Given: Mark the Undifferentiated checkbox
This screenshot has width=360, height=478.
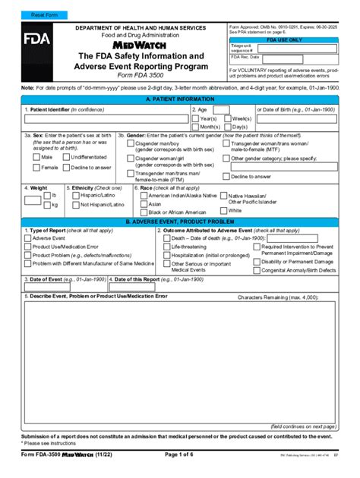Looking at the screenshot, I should (65, 157).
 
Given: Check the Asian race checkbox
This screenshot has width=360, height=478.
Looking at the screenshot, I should (143, 204).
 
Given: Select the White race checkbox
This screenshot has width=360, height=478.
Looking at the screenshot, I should (223, 210).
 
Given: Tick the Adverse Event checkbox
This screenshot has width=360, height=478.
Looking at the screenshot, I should (27, 238).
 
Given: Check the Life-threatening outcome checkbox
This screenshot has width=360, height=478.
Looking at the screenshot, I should (166, 247).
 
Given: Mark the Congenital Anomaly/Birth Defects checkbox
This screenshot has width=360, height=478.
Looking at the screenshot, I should (256, 270).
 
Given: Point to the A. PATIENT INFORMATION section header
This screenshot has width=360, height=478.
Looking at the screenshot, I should (179, 99).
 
